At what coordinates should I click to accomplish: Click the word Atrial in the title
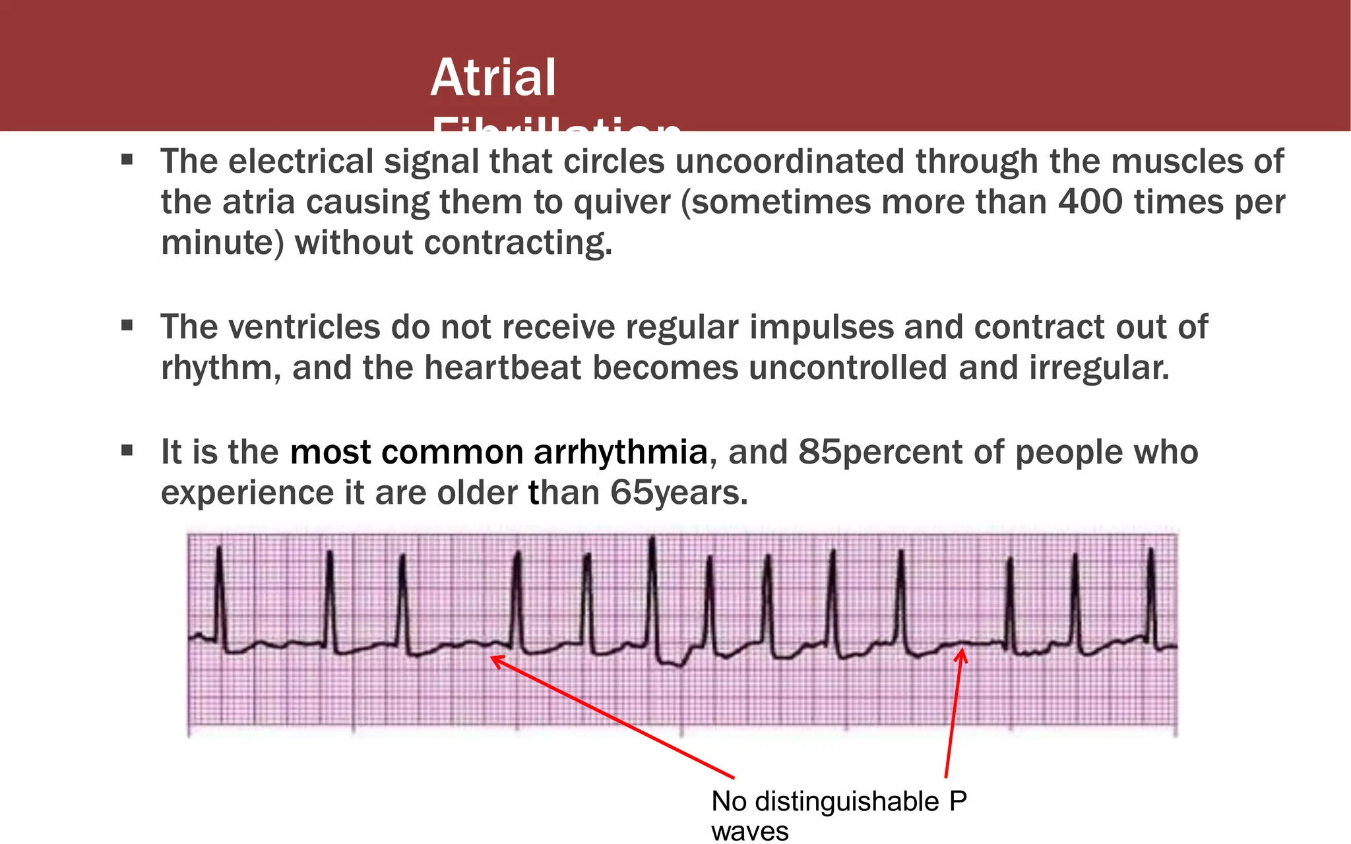tap(493, 77)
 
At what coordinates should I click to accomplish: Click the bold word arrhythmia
tap(620, 452)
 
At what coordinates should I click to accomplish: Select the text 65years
tap(679, 493)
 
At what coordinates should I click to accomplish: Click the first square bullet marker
tap(127, 160)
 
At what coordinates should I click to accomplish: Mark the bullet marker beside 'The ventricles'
tap(127, 325)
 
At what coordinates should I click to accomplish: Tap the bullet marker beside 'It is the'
tap(127, 451)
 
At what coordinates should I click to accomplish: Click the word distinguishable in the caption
tap(847, 802)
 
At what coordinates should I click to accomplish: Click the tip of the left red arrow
tap(493, 657)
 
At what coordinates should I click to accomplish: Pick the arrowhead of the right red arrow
tap(962, 651)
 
